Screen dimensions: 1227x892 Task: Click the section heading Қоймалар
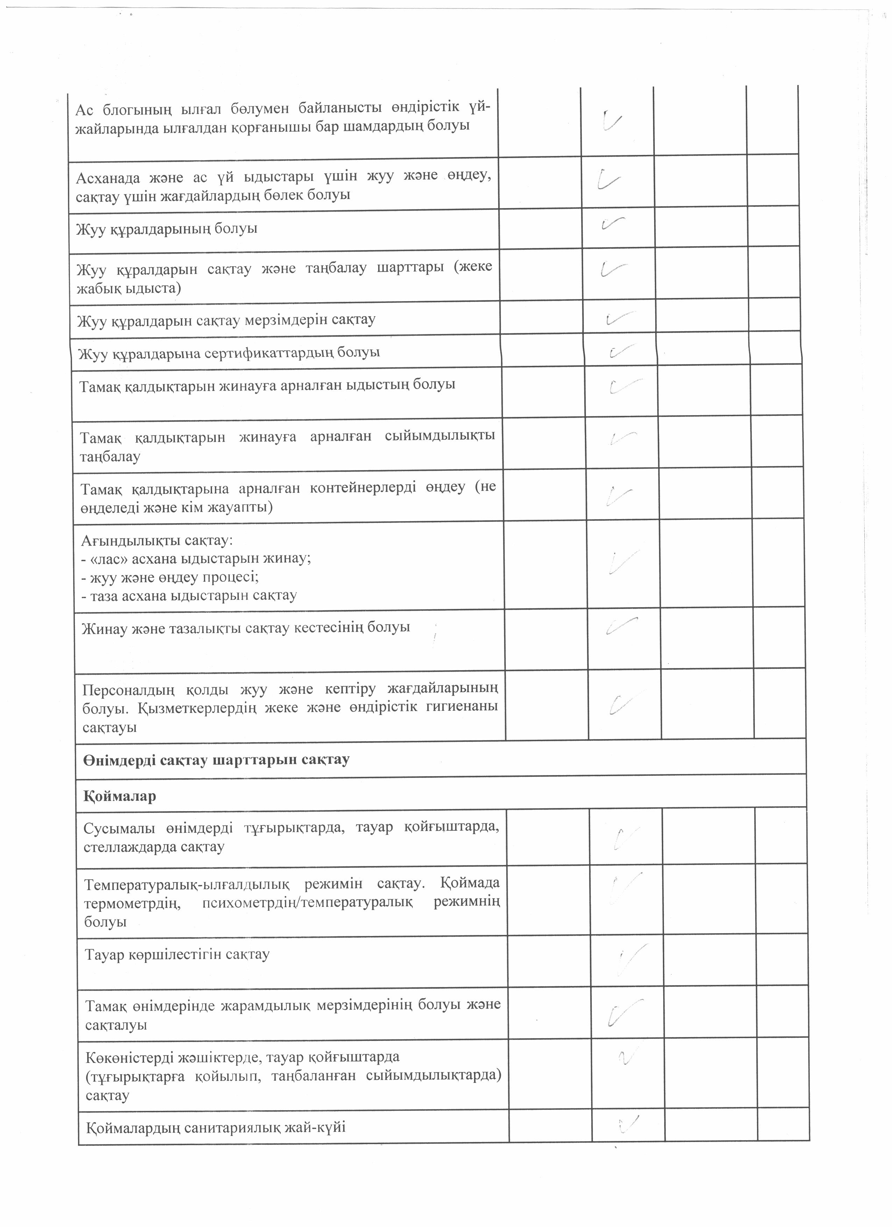[120, 796]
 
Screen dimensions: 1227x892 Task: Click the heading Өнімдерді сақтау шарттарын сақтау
[217, 760]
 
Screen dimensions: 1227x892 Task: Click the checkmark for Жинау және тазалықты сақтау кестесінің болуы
[622, 626]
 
